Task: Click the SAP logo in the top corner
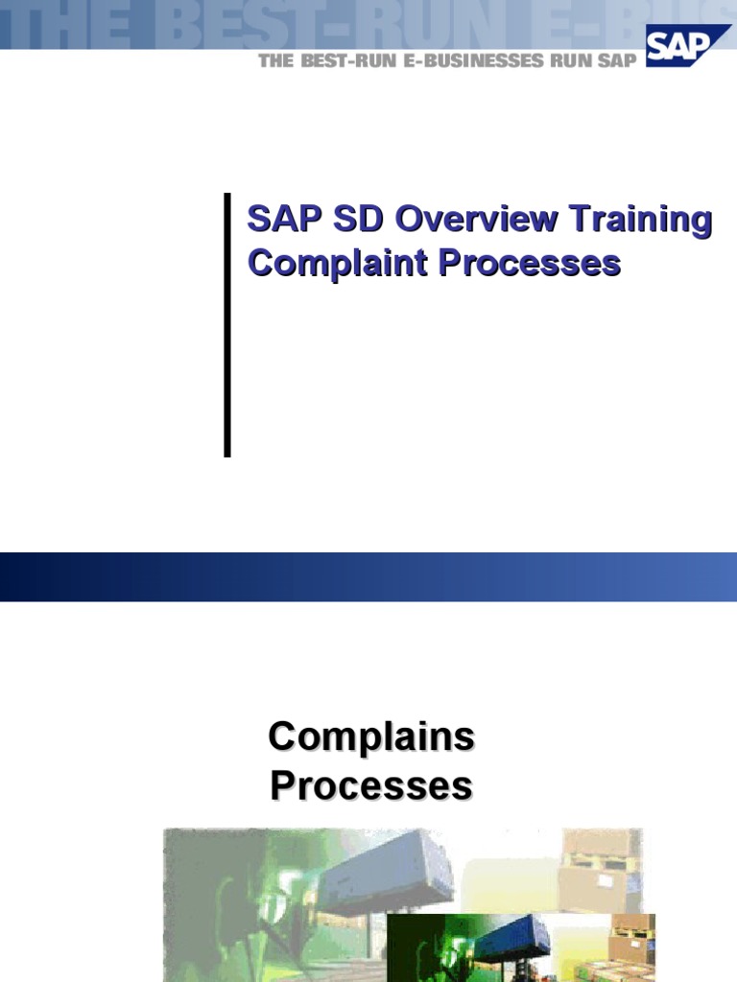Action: pyautogui.click(x=688, y=45)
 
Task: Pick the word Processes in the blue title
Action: pyautogui.click(x=530, y=263)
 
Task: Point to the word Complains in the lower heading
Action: pyautogui.click(x=371, y=737)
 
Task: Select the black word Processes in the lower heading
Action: pyautogui.click(x=371, y=785)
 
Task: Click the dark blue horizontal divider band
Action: pyautogui.click(x=368, y=576)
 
